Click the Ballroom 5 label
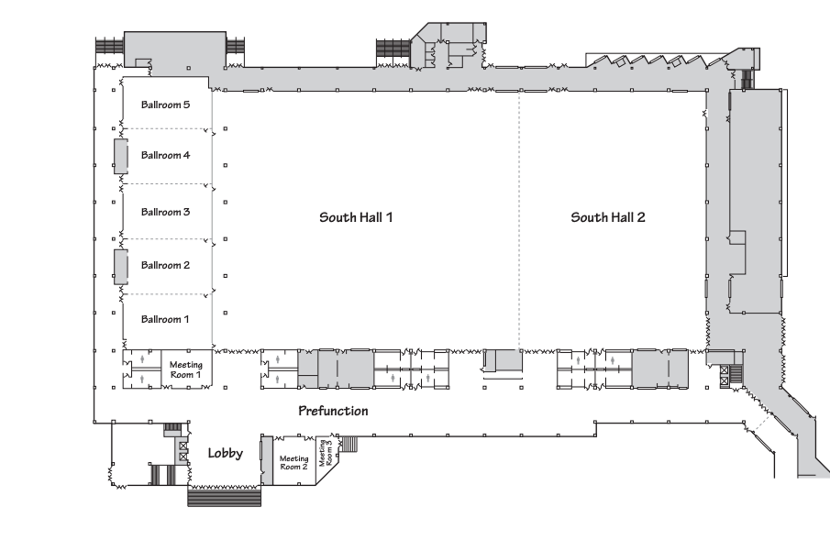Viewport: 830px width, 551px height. [165, 105]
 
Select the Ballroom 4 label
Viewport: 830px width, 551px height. [165, 155]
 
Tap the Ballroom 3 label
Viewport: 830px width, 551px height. [165, 212]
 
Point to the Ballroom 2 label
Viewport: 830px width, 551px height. [165, 265]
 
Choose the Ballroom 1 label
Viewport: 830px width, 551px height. [165, 319]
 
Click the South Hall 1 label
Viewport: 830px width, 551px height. [356, 217]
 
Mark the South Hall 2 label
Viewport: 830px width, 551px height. [608, 217]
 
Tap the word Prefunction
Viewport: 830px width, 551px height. [333, 411]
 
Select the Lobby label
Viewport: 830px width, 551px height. [225, 453]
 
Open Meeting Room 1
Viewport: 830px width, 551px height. [186, 369]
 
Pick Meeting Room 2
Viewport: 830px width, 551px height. [293, 463]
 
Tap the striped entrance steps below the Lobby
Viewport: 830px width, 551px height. [225, 497]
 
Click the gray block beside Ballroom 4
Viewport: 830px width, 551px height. [120, 156]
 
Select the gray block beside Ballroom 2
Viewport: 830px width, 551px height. [120, 266]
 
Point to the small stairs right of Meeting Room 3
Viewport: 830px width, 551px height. [349, 444]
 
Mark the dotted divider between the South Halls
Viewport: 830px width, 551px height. [519, 220]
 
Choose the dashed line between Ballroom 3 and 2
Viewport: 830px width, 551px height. [167, 239]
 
